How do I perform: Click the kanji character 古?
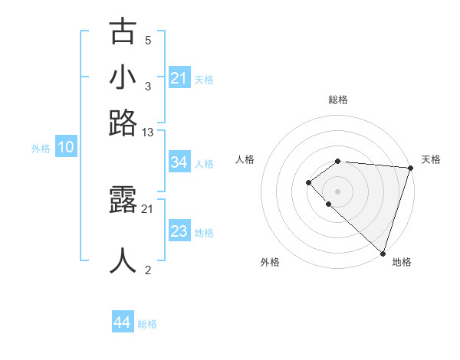(x=123, y=32)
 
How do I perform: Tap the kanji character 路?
(x=123, y=123)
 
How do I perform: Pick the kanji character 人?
(x=123, y=260)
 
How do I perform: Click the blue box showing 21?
(x=179, y=78)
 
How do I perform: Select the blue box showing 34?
(x=179, y=162)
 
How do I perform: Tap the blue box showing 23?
(x=179, y=231)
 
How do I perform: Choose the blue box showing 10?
(x=66, y=148)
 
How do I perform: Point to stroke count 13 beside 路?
(x=148, y=133)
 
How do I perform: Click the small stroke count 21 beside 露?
(x=148, y=208)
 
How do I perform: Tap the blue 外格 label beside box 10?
(x=41, y=149)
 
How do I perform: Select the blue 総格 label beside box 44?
(x=147, y=324)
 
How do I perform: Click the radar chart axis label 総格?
(x=338, y=100)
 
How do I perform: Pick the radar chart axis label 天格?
(x=432, y=159)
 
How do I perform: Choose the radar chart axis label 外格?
(x=270, y=262)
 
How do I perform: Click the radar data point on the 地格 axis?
(x=383, y=253)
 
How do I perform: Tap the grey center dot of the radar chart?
(x=338, y=191)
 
